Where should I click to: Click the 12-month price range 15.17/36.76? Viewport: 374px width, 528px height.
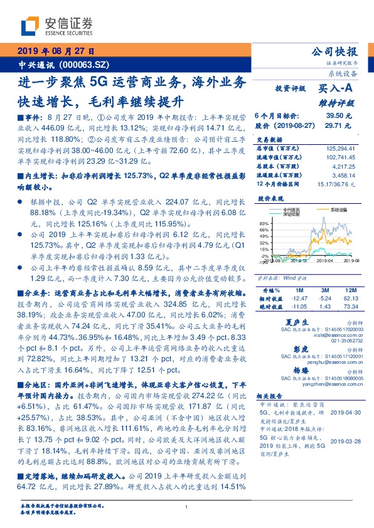pos(336,182)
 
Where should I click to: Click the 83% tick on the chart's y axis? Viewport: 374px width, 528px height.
pos(264,223)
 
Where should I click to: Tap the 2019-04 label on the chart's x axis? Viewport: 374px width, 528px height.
pos(324,260)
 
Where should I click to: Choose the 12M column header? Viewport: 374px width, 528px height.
pos(348,290)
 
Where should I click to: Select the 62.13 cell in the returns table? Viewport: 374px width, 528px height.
pos(348,298)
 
